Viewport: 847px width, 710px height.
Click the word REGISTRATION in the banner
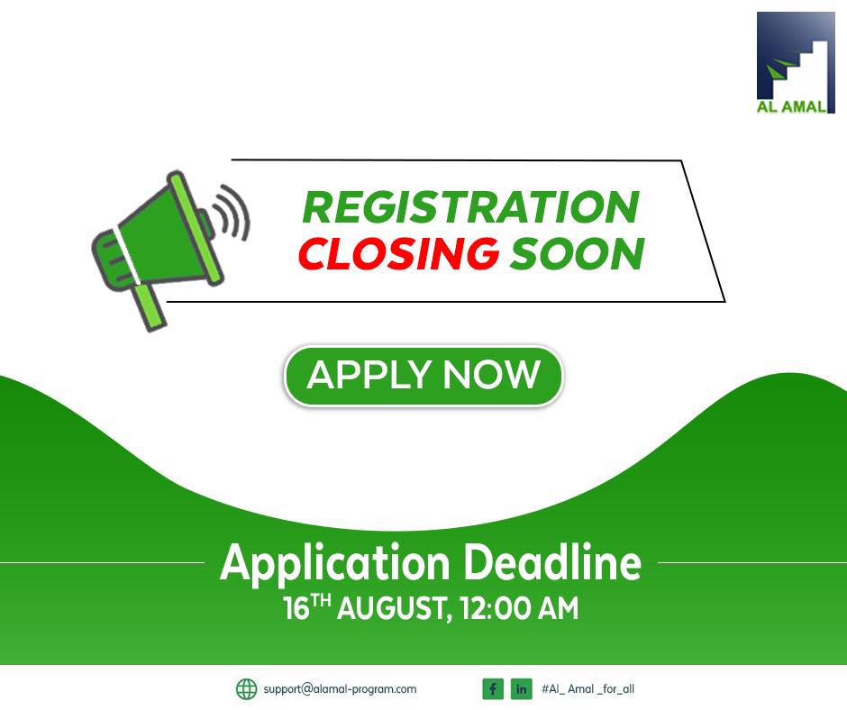[471, 207]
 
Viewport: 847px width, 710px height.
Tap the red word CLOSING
[398, 253]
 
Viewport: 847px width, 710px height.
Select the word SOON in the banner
[577, 253]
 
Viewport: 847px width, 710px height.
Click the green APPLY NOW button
[423, 376]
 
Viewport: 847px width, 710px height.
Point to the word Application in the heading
[335, 564]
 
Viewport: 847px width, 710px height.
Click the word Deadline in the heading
[553, 562]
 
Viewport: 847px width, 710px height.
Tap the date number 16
[296, 608]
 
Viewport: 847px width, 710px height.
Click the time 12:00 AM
[520, 608]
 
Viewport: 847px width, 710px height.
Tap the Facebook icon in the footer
[493, 689]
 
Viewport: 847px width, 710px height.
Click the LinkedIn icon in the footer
[522, 689]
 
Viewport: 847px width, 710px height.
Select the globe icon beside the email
[247, 689]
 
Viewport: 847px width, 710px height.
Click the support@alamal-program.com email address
[340, 689]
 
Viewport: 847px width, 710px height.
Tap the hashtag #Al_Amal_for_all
[587, 689]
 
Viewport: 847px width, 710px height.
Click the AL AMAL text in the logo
[791, 106]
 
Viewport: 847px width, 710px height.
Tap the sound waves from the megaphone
[232, 213]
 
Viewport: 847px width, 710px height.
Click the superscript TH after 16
[321, 600]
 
